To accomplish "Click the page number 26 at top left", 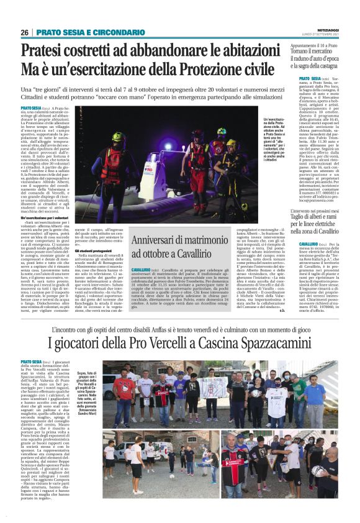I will coord(25,32).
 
